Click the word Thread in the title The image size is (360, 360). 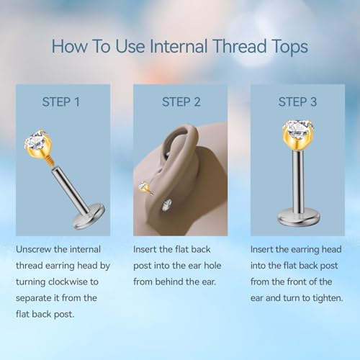pyautogui.click(x=240, y=46)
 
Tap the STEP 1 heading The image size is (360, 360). pyautogui.click(x=61, y=102)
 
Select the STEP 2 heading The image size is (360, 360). pyautogui.click(x=181, y=102)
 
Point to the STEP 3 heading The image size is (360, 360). pyautogui.click(x=297, y=102)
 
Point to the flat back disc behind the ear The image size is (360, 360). pyautogui.click(x=167, y=205)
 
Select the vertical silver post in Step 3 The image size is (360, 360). pyautogui.click(x=299, y=180)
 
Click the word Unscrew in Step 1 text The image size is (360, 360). pyautogui.click(x=34, y=250)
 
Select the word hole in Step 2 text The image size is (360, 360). pyautogui.click(x=212, y=266)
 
